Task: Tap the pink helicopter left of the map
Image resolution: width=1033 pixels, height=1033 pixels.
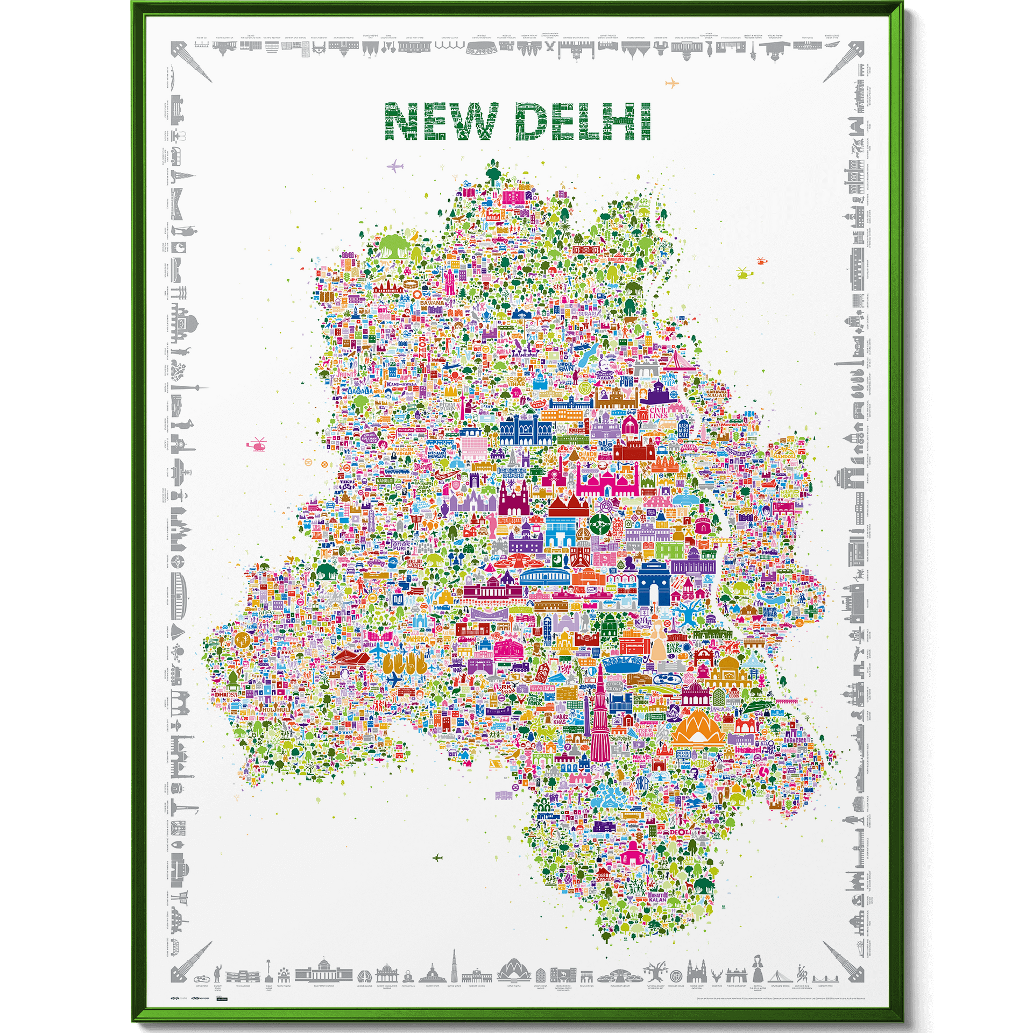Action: point(258,444)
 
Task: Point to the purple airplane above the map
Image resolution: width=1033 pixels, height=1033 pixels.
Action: point(395,165)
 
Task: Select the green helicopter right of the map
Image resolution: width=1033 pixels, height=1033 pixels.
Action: point(744,273)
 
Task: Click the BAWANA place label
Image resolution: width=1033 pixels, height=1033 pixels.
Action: point(432,303)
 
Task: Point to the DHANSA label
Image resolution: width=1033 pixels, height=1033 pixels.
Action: point(225,695)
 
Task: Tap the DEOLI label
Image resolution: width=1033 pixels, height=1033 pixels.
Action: point(679,832)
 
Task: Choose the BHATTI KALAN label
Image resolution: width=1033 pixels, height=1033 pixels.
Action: point(657,897)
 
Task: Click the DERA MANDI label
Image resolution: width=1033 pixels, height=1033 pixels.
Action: point(603,878)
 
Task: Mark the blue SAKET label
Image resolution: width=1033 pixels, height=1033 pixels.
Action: point(642,783)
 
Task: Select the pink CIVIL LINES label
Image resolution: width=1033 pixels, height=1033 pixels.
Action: point(659,413)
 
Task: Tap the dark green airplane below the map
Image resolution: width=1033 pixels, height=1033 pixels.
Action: point(437,857)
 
